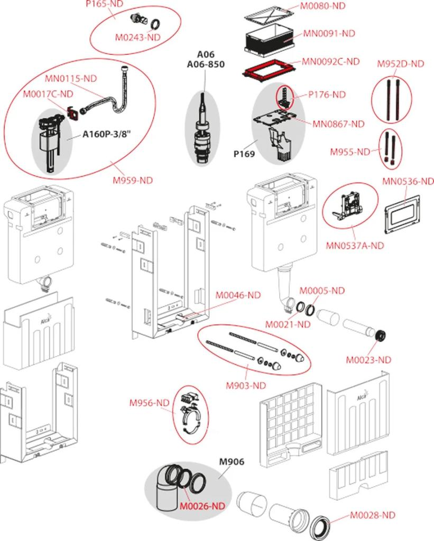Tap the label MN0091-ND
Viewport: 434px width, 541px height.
pos(329,33)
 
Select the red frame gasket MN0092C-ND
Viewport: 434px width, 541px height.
pos(269,71)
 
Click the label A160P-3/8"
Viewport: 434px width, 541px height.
pos(108,134)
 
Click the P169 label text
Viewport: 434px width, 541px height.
pos(244,154)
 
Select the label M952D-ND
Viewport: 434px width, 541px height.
pos(400,63)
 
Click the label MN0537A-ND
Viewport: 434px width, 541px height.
pos(355,245)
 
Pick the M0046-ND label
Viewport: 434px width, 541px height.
pos(237,295)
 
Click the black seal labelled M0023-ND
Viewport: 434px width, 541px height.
pos(380,336)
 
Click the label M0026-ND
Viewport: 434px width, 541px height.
pos(202,506)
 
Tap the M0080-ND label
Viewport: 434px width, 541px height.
pos(322,6)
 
